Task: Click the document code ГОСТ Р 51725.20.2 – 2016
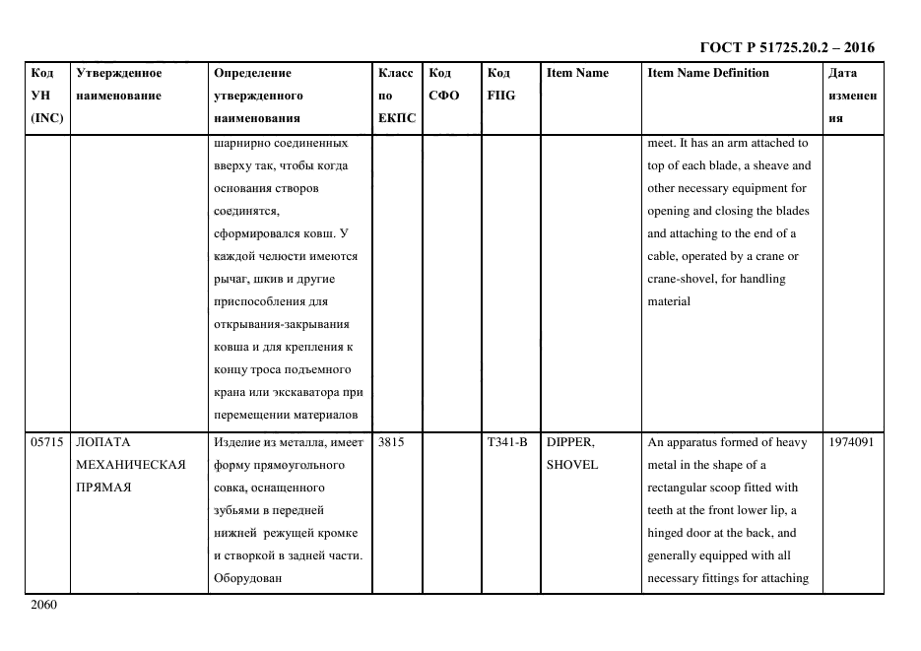(787, 47)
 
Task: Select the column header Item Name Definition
(707, 73)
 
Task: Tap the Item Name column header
(577, 73)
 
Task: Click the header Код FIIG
(500, 84)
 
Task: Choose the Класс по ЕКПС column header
(397, 96)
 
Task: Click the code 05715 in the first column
(46, 442)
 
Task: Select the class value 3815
(391, 442)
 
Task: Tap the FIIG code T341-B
(507, 442)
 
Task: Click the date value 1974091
(850, 442)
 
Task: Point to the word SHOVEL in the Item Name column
(571, 465)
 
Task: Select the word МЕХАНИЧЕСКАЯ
(130, 465)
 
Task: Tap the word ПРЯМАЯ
(102, 488)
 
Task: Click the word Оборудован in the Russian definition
(247, 578)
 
